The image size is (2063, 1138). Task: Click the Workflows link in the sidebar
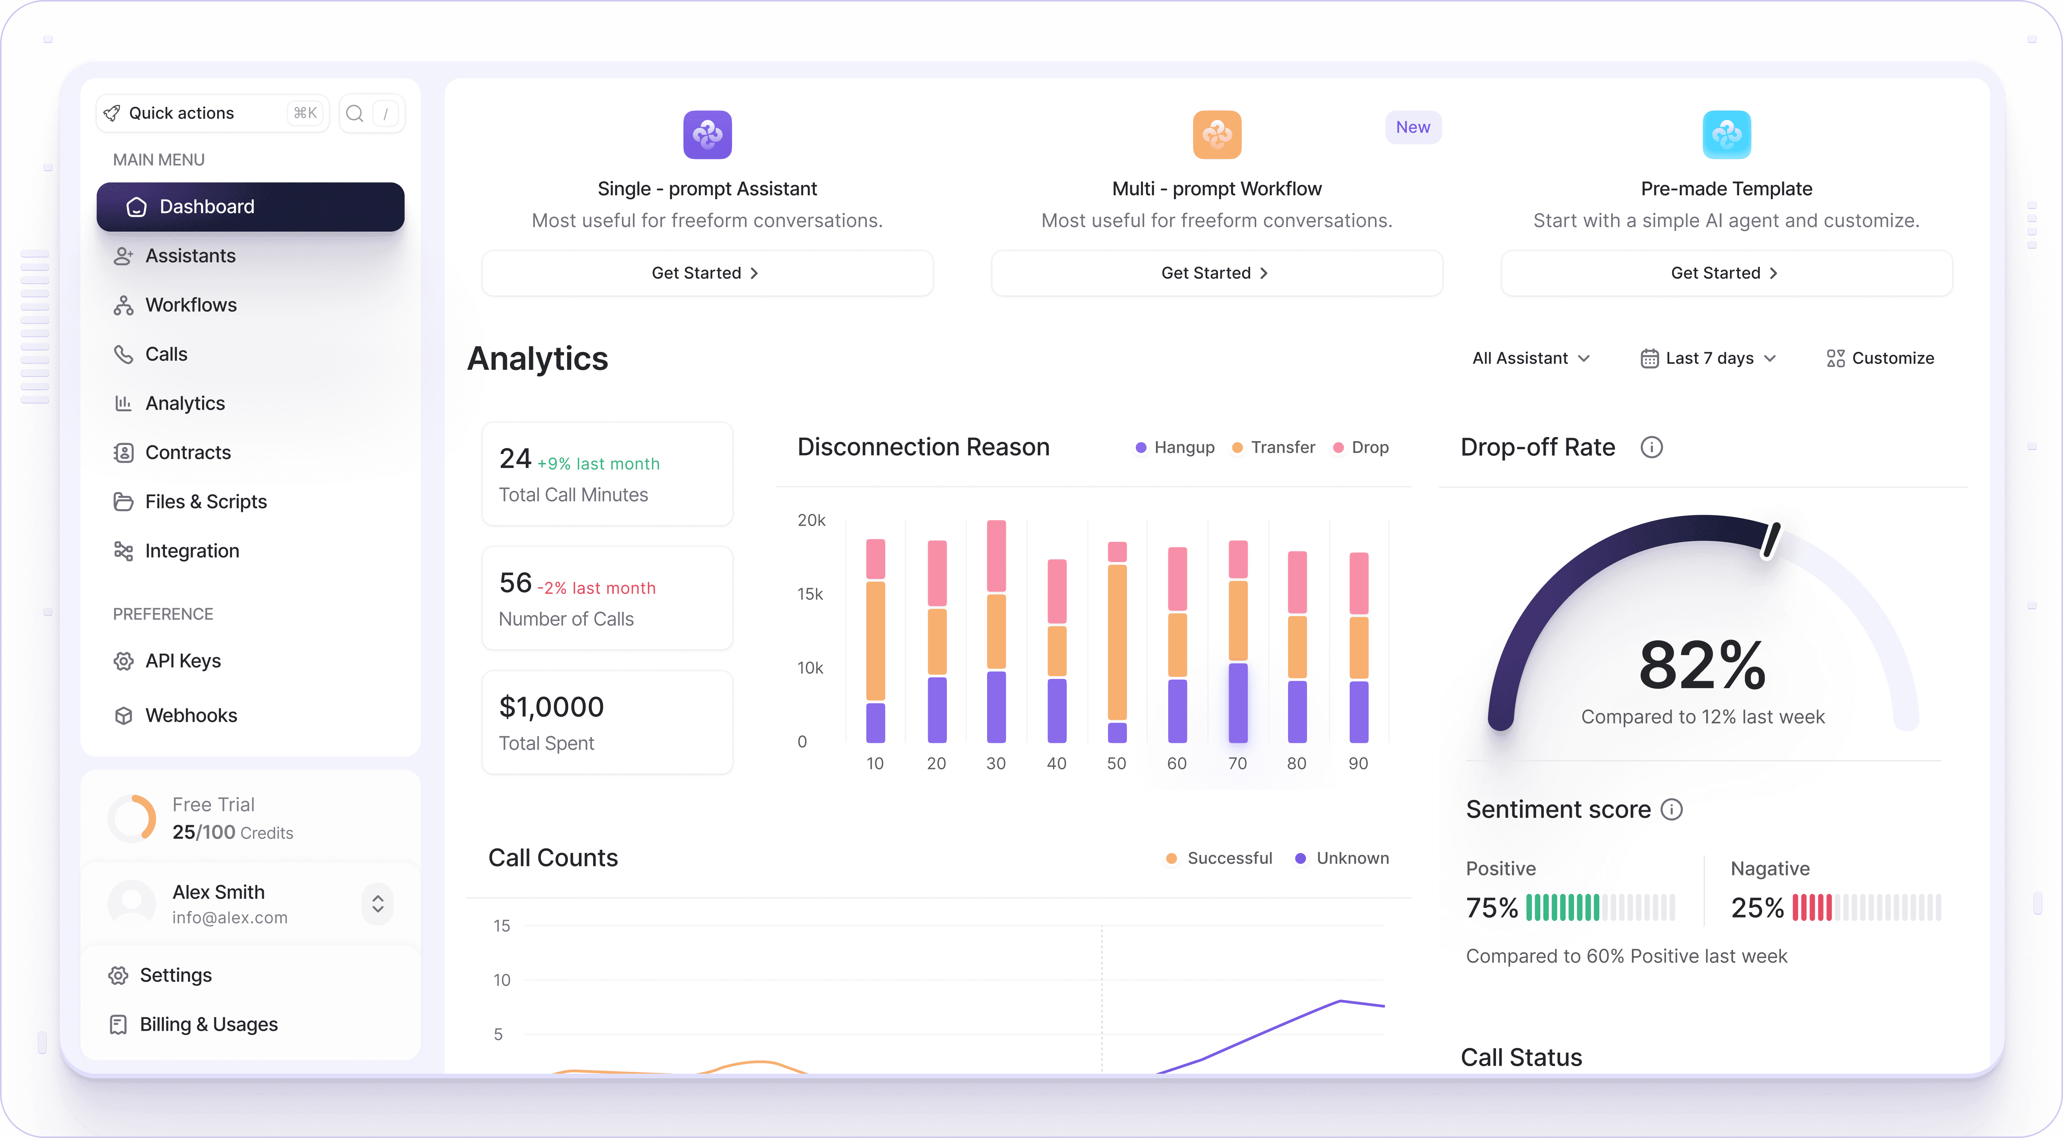(x=191, y=305)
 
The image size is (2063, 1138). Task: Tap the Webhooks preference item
(x=191, y=715)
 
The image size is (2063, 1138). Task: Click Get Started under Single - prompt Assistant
(x=706, y=273)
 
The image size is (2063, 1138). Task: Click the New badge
(x=1413, y=128)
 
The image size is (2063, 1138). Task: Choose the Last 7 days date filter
(x=1708, y=358)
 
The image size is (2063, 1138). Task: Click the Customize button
(x=1880, y=358)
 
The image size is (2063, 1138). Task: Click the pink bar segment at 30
(x=996, y=556)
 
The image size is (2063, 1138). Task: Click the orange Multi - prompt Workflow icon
(x=1216, y=134)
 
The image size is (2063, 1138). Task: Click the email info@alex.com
(x=230, y=918)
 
